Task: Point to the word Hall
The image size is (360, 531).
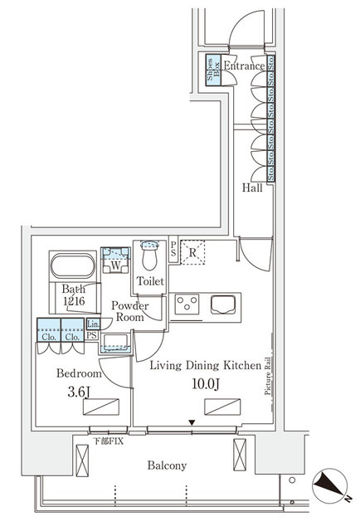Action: tap(253, 188)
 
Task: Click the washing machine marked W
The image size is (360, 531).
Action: tap(112, 265)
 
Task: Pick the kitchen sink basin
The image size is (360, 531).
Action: tap(224, 305)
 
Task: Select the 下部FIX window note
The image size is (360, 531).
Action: tap(108, 441)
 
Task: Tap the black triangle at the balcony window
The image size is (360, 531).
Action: tap(192, 422)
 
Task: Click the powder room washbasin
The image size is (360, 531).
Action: tap(115, 341)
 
